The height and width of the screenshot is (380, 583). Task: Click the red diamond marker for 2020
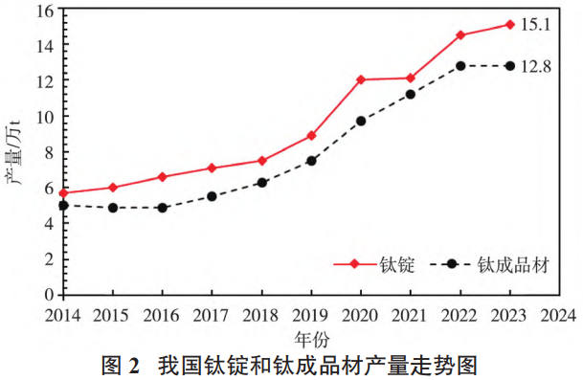(x=361, y=79)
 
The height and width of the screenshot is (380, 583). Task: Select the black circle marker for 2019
(x=311, y=161)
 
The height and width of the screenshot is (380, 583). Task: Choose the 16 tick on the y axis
(x=43, y=11)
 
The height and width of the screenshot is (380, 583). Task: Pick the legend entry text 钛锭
(x=400, y=265)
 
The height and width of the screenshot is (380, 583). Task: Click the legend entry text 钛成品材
(x=513, y=265)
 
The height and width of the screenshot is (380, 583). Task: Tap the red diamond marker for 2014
(x=63, y=193)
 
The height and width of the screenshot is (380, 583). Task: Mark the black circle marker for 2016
(x=163, y=208)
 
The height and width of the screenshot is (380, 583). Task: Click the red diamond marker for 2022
(x=460, y=35)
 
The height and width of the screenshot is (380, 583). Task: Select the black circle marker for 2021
(x=411, y=94)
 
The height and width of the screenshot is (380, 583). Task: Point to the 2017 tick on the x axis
(x=212, y=314)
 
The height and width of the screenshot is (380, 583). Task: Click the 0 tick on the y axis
(x=47, y=295)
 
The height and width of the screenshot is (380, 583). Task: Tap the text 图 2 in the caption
(x=122, y=365)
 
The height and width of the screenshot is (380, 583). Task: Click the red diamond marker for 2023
(x=509, y=24)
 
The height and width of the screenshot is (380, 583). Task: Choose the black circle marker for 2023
(x=509, y=66)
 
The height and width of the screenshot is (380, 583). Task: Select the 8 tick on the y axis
(x=47, y=152)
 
